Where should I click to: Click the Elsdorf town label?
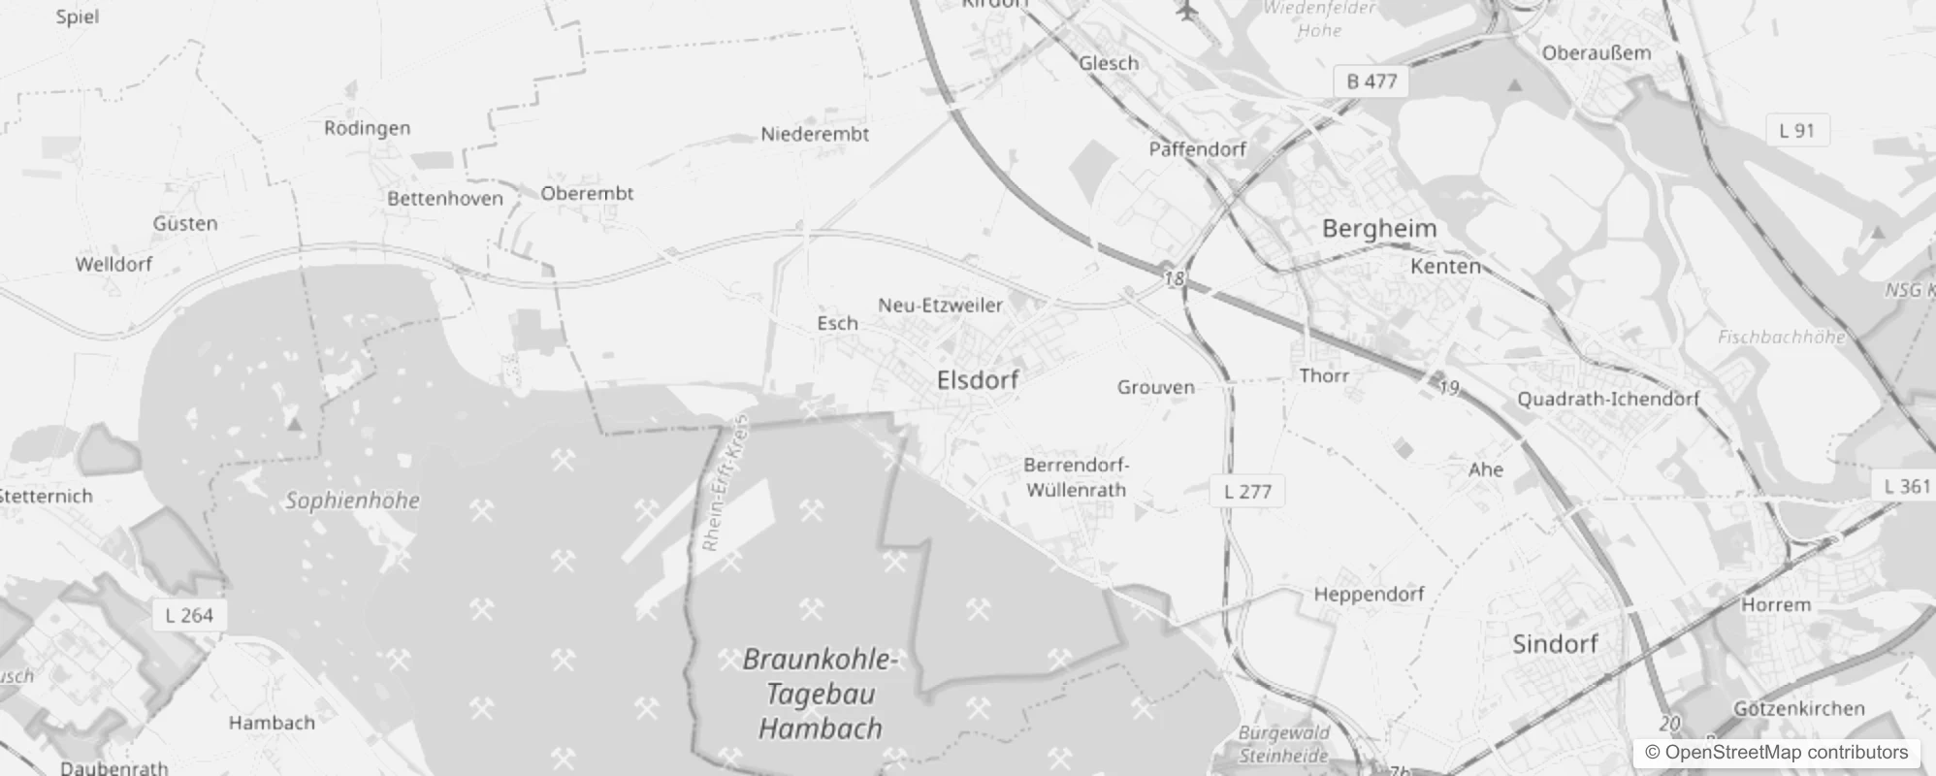978,380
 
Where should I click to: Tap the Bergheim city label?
1379,229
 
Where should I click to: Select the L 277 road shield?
1247,491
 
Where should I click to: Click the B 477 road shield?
1371,81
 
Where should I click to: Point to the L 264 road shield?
189,615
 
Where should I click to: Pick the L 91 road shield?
1796,130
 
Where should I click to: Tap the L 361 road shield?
1907,486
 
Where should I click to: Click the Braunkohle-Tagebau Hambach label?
821,694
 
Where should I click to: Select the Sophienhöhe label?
352,501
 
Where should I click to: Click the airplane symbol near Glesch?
1186,11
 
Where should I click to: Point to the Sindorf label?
1555,644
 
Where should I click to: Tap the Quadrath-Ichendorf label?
1608,399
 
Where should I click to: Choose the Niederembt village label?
815,134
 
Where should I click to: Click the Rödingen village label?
367,128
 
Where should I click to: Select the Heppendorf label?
1369,594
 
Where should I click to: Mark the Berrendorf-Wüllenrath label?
1077,477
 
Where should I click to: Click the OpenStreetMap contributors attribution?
1771,752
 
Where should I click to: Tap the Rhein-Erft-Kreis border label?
726,484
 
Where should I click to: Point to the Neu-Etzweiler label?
940,305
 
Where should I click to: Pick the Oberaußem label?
1596,53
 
